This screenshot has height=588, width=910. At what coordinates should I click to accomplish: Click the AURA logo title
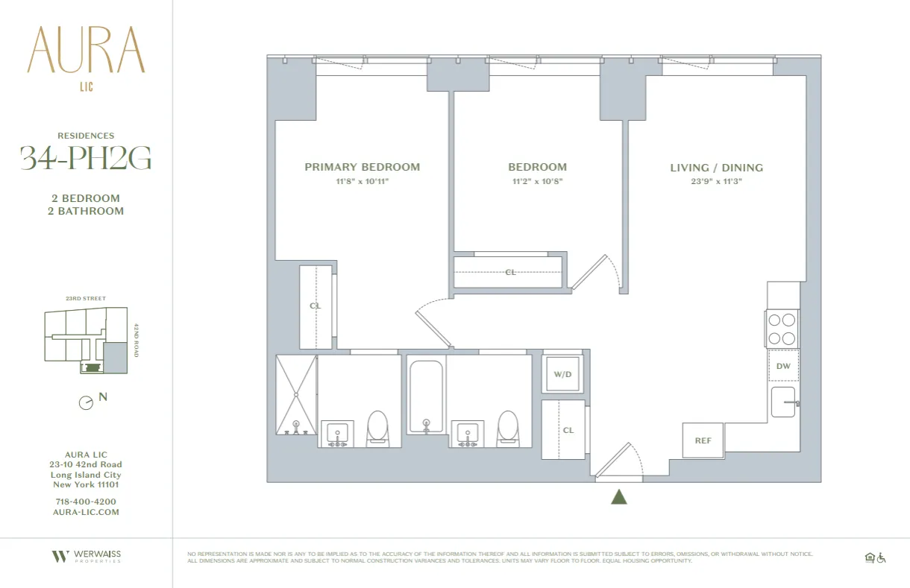[86, 51]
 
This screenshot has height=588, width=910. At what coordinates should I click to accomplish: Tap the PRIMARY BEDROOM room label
[362, 167]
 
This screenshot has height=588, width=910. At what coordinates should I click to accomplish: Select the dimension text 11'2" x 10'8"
[537, 181]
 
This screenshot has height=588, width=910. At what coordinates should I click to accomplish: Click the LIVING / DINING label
[716, 168]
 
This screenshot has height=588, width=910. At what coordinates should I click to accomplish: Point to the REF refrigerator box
[703, 440]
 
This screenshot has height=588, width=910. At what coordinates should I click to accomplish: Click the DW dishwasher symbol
[783, 366]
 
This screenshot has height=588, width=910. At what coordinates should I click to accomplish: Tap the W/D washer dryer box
[562, 374]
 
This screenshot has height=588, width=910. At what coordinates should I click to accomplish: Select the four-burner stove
[782, 329]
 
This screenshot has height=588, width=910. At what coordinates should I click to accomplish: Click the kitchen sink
[783, 402]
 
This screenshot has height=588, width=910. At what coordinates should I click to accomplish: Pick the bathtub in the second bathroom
[426, 396]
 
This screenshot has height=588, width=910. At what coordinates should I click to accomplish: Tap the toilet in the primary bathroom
[377, 429]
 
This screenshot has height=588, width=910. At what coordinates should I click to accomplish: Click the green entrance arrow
[618, 496]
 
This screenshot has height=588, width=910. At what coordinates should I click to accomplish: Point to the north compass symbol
[87, 402]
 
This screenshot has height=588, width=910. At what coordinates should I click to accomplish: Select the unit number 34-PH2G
[86, 158]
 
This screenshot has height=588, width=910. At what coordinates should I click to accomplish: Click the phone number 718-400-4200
[86, 502]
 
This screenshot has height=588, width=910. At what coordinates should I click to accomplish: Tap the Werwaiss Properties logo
[86, 556]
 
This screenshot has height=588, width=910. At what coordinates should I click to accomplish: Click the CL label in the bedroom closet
[510, 272]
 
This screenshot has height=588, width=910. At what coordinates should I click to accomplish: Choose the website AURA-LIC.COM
[86, 512]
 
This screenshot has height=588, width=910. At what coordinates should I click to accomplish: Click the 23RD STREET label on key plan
[85, 299]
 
